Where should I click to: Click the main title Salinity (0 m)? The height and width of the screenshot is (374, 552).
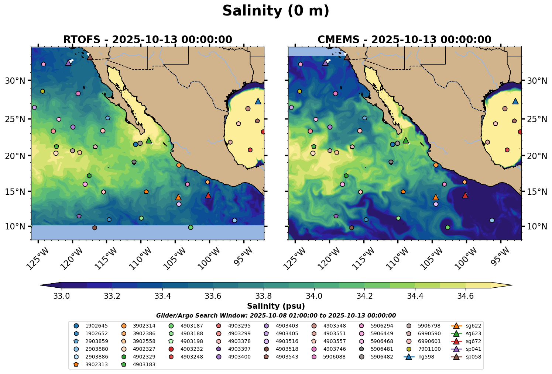276,11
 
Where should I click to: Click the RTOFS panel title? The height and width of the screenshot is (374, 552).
148,39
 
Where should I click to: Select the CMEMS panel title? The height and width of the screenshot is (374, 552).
404,39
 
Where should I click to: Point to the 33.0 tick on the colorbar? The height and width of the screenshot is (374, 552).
62,296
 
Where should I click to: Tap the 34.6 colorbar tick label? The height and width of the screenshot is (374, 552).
465,296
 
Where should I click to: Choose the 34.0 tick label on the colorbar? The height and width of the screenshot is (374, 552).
314,296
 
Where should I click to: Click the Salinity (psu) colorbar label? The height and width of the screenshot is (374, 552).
276,306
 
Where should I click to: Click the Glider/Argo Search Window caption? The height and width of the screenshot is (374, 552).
276,316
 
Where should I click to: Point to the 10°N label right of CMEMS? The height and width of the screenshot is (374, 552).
535,226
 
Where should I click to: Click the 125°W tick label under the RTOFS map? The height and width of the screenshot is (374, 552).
37,257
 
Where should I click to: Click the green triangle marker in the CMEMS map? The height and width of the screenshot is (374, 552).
406,140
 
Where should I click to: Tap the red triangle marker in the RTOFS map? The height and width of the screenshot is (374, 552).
208,195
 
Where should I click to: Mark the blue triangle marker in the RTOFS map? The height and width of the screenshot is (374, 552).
258,101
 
